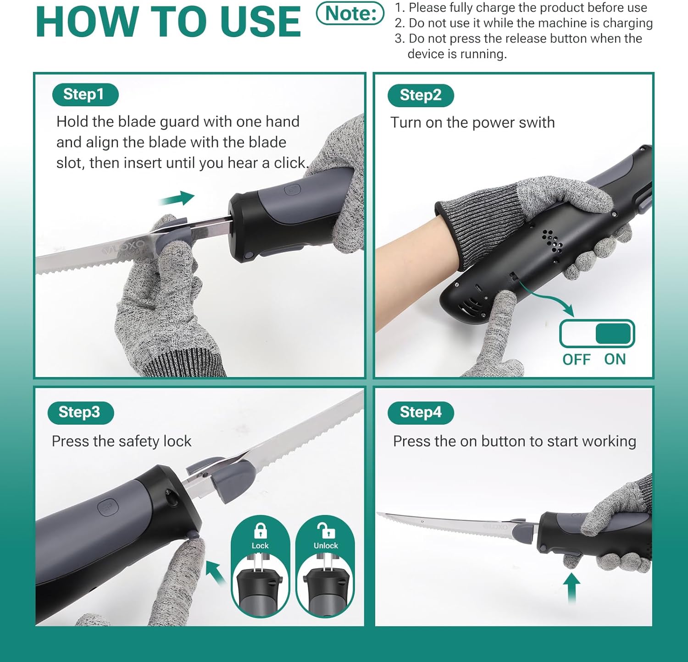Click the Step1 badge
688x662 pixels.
click(85, 94)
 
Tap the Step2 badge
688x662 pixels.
click(421, 95)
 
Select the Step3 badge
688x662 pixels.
click(81, 412)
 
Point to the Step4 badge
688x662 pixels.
click(421, 412)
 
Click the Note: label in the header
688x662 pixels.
click(350, 14)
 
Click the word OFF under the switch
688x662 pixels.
click(577, 360)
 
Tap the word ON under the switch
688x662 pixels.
click(615, 360)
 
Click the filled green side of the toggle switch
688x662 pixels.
click(614, 334)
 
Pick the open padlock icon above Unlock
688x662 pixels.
click(326, 530)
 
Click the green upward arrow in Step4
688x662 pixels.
click(571, 589)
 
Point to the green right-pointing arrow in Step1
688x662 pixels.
click(177, 199)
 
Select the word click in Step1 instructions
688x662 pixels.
click(291, 163)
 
